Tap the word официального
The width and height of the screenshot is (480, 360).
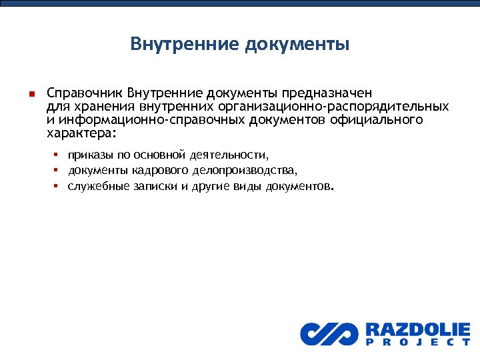coord(382,119)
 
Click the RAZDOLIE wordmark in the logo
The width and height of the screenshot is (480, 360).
coord(417,329)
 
